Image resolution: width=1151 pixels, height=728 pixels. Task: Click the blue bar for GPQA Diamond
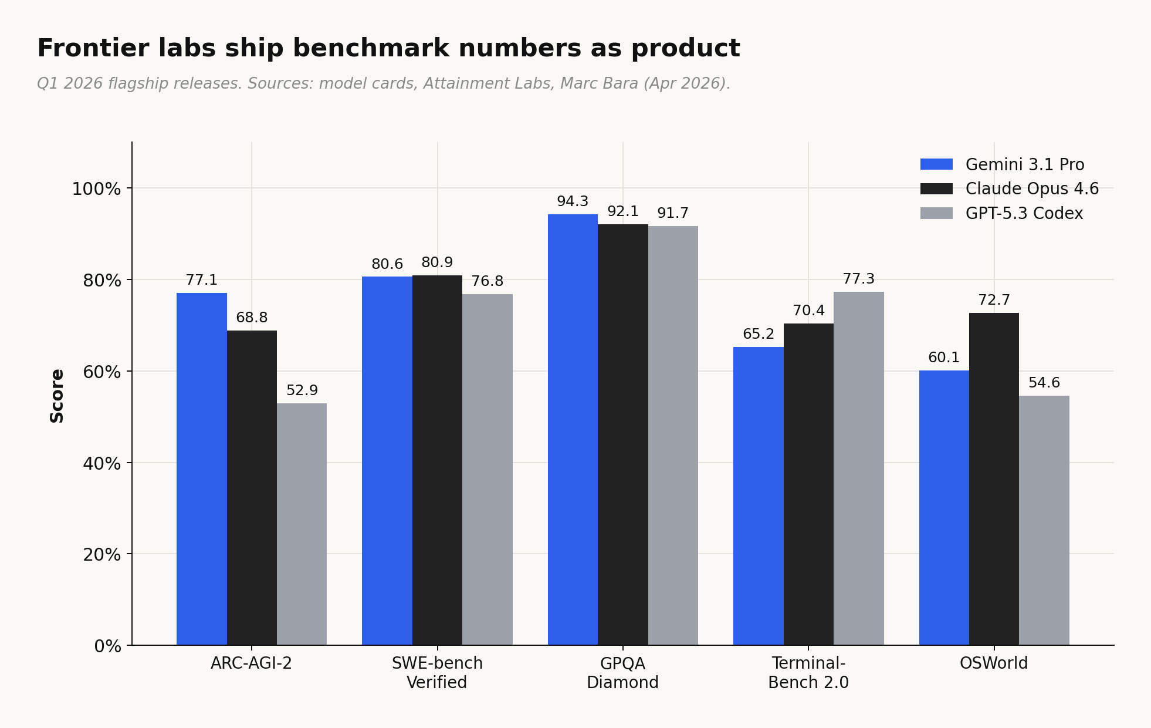click(573, 429)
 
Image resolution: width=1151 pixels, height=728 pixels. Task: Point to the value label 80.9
click(437, 262)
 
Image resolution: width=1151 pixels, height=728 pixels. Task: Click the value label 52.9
click(302, 390)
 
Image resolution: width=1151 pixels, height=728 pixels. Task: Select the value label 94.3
click(572, 201)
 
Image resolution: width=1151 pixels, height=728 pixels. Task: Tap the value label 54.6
click(1044, 383)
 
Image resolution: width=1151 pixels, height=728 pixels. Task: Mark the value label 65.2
click(758, 334)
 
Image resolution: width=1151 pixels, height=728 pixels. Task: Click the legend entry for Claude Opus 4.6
click(1031, 188)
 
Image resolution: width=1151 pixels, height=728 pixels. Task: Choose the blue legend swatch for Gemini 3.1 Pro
click(936, 164)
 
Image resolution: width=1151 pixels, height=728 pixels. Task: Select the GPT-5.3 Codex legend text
click(1024, 213)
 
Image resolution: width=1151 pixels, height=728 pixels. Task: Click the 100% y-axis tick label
click(96, 189)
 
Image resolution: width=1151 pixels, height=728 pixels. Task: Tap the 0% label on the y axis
click(107, 646)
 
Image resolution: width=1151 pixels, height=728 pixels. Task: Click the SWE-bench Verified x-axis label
click(437, 672)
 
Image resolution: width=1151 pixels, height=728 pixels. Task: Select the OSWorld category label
click(993, 663)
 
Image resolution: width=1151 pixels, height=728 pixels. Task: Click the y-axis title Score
click(57, 395)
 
